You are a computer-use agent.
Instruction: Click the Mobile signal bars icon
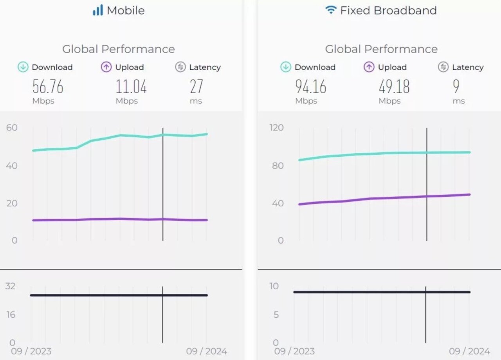point(97,10)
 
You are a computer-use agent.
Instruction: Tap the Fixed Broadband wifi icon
point(331,10)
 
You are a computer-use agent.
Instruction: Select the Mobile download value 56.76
point(48,87)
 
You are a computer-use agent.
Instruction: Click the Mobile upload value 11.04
point(131,87)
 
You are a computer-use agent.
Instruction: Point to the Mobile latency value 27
point(196,87)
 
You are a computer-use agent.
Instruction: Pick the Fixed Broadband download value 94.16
point(311,87)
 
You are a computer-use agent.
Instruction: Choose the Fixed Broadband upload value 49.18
point(394,87)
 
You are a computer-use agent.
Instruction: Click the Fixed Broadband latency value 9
point(456,87)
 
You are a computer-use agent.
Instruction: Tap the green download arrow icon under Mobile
point(23,67)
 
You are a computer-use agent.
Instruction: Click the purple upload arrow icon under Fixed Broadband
point(369,67)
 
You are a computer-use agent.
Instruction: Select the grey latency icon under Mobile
point(180,67)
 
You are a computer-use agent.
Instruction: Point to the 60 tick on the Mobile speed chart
point(12,128)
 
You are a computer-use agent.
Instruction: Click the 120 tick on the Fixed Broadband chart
point(277,128)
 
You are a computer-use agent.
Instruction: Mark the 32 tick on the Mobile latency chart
point(10,286)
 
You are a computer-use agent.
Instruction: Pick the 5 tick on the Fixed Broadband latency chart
point(276,315)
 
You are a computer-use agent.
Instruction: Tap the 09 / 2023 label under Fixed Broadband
point(294,351)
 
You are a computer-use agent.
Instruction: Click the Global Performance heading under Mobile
point(118,49)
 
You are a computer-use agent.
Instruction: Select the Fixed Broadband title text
point(388,10)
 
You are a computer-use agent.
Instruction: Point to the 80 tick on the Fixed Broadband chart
point(278,166)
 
